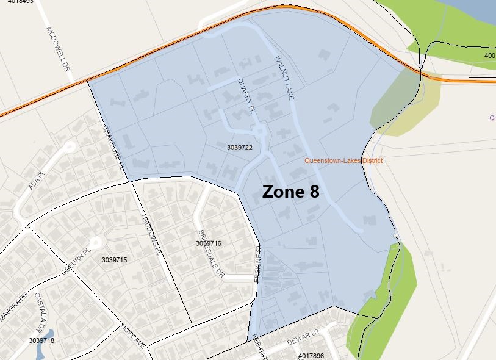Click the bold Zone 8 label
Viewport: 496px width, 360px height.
click(x=290, y=192)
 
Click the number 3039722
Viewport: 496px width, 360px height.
click(x=239, y=148)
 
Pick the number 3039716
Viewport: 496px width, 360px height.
click(x=208, y=243)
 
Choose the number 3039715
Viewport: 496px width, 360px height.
click(x=114, y=260)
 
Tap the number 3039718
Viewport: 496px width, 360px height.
click(x=41, y=340)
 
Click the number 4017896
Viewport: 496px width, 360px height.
click(x=311, y=355)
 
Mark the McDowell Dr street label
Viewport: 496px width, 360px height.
click(x=58, y=49)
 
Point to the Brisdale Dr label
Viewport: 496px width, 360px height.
click(x=210, y=253)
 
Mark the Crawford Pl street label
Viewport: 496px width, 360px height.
click(x=117, y=146)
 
